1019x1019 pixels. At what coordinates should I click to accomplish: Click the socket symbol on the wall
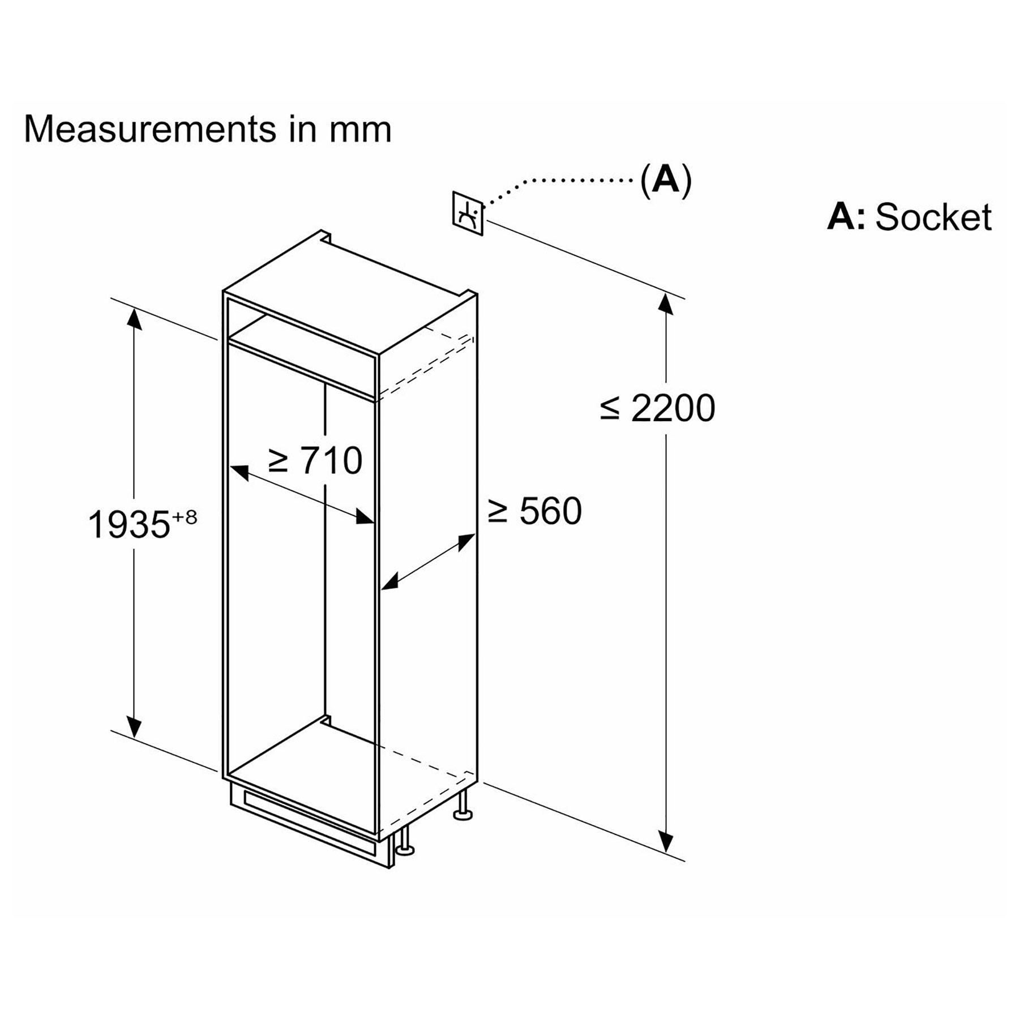pyautogui.click(x=468, y=213)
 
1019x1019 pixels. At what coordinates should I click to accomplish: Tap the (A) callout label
pyautogui.click(x=666, y=181)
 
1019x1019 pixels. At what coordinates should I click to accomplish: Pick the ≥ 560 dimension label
pyautogui.click(x=534, y=511)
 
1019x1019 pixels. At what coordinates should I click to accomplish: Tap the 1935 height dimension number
pyautogui.click(x=129, y=524)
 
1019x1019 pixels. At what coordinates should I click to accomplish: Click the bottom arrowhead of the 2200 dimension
pyautogui.click(x=666, y=842)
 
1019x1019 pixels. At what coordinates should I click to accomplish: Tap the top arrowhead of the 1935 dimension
pyautogui.click(x=134, y=318)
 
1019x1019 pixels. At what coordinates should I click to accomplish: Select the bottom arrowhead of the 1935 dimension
pyautogui.click(x=134, y=726)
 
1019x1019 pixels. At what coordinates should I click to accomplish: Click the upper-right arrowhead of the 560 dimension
pyautogui.click(x=465, y=542)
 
